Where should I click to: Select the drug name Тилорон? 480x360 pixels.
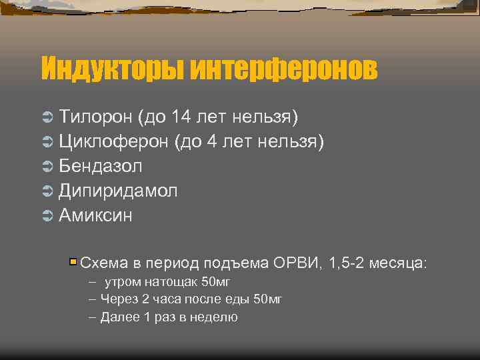(x=95, y=117)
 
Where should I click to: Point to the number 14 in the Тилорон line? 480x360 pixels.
(x=181, y=117)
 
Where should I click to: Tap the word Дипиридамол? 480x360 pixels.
(x=118, y=191)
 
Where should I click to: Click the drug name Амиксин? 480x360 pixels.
(x=95, y=215)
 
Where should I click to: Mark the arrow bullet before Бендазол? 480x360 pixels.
(x=47, y=167)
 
